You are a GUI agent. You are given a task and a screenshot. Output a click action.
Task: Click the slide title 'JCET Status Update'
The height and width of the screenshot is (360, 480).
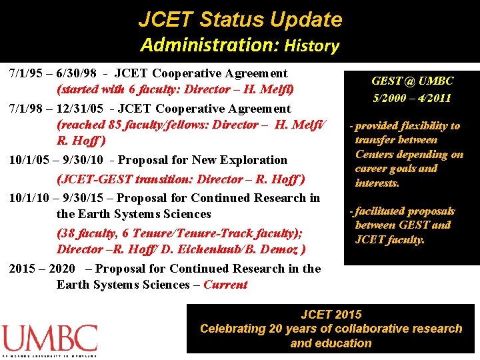click(240, 19)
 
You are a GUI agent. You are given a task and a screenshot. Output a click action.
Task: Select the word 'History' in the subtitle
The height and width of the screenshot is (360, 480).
click(311, 46)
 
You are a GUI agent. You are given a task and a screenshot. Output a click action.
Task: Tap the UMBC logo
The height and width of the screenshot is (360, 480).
click(49, 339)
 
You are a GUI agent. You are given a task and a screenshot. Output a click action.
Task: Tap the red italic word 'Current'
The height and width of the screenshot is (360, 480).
click(225, 285)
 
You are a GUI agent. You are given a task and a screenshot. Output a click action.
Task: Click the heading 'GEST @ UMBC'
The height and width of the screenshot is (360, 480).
click(412, 81)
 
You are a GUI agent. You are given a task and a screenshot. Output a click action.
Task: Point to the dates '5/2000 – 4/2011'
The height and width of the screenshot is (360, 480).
click(411, 98)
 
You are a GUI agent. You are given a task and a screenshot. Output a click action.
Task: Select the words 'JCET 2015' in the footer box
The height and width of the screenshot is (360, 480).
click(331, 314)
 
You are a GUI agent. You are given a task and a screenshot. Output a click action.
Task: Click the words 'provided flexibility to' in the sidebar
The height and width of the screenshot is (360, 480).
click(407, 126)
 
